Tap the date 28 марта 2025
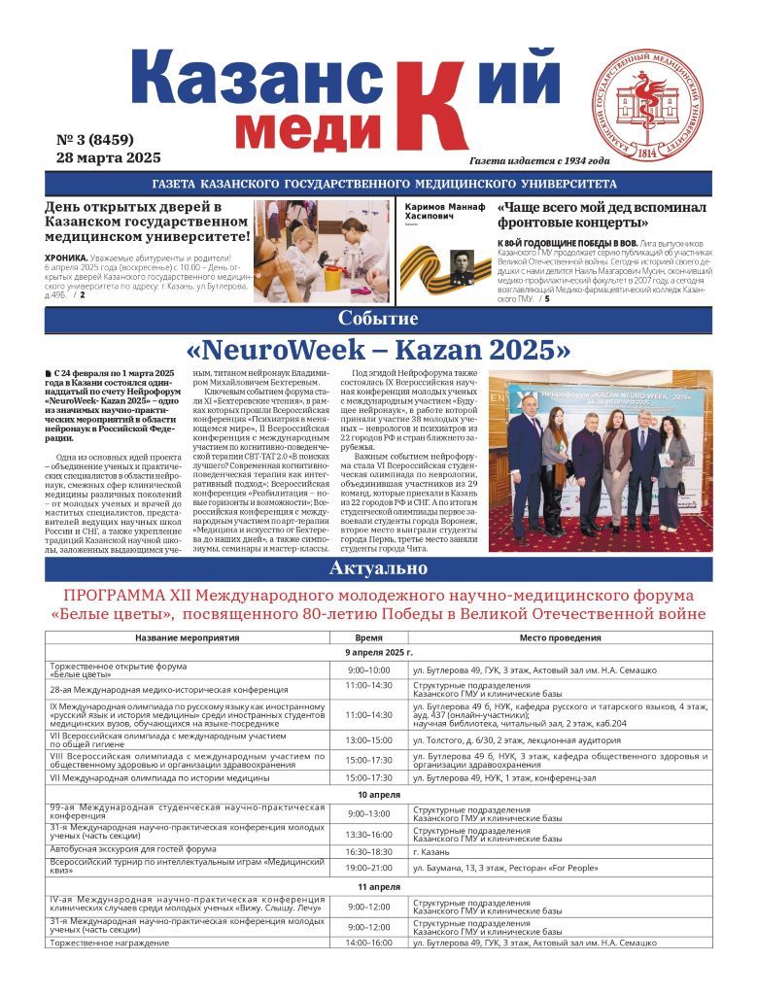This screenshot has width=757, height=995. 109,157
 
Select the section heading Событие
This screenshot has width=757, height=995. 378,319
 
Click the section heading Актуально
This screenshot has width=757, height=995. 378,568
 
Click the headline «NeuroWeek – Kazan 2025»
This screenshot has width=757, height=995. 378,350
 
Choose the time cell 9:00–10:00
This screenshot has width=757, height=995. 368,670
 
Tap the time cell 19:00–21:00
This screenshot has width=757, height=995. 368,868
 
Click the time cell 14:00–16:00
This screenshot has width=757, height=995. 368,943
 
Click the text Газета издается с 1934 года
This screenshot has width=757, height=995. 539,161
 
